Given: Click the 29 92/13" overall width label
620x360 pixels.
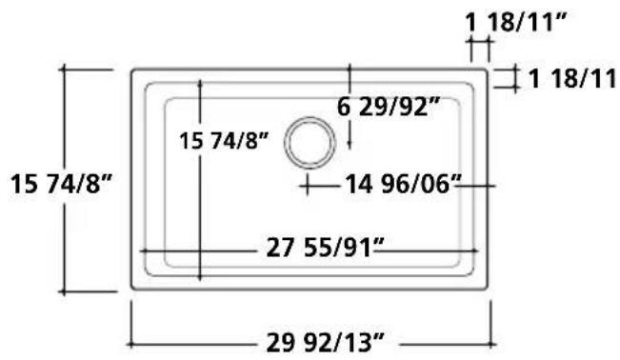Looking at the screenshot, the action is pyautogui.click(x=325, y=343).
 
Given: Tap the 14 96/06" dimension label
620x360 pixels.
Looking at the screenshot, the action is pyautogui.click(x=403, y=184).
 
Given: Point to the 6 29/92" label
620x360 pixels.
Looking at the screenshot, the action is pyautogui.click(x=389, y=107).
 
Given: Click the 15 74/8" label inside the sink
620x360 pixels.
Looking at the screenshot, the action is pyautogui.click(x=224, y=140).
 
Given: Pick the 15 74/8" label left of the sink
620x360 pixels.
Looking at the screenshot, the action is pyautogui.click(x=61, y=184).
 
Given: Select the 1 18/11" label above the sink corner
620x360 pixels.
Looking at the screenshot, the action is pyautogui.click(x=516, y=22).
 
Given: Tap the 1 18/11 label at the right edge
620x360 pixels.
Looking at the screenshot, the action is pyautogui.click(x=571, y=78).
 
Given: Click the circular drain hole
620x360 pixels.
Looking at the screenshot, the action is pyautogui.click(x=310, y=143).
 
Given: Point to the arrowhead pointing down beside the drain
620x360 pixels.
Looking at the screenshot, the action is pyautogui.click(x=350, y=145).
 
